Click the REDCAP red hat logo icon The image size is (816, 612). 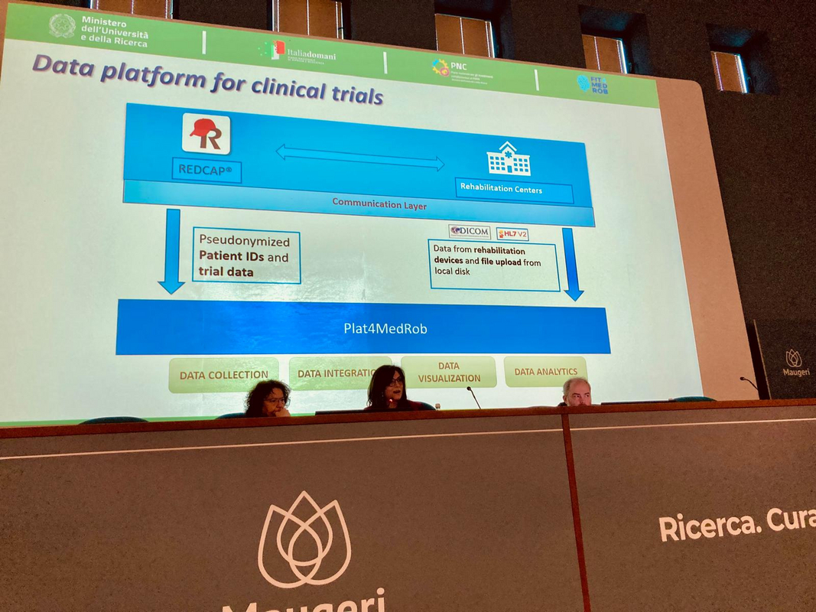coord(206,134)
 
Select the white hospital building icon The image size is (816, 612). coord(509,158)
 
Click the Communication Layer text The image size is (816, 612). coord(379,204)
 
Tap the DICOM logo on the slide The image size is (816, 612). coord(469,231)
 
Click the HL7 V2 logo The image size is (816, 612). coord(512,234)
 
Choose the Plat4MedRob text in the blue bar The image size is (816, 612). coord(374,328)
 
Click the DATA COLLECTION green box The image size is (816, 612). coord(223,375)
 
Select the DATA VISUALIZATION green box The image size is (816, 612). coord(449,372)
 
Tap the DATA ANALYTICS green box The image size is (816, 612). coord(545,372)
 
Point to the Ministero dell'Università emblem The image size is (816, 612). coord(62,25)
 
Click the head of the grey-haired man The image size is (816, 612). coord(577,390)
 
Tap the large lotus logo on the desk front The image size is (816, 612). coord(304,540)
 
